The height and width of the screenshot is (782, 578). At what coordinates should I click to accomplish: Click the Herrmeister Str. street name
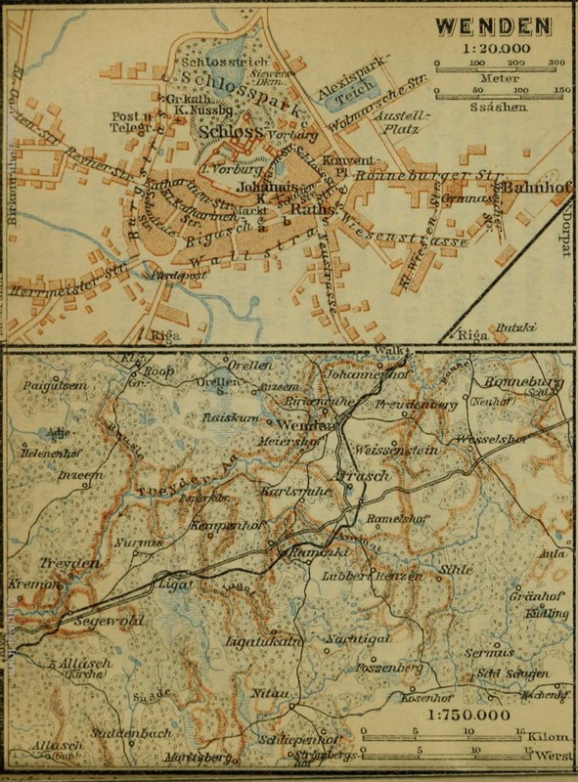point(49,279)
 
